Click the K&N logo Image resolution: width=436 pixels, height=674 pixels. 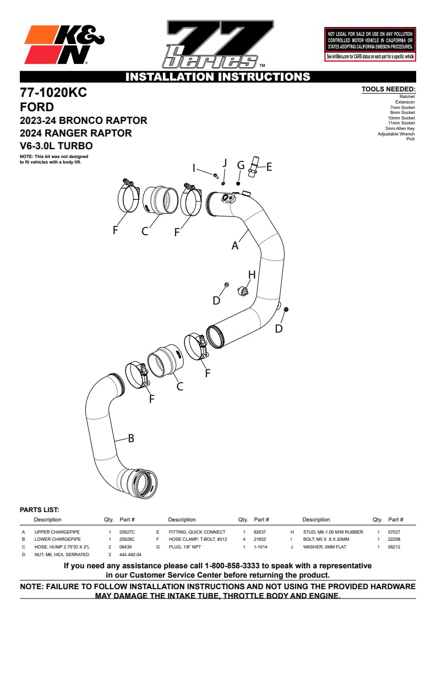click(64, 46)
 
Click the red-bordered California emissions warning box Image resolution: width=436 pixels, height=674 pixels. click(370, 44)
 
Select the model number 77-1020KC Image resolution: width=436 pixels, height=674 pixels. click(53, 93)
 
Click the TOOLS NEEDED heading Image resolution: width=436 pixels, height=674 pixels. click(388, 89)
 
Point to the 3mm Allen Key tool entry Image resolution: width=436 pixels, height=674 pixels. click(400, 128)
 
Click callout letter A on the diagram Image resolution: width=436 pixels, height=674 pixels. click(235, 246)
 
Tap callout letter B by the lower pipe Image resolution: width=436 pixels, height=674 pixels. click(131, 438)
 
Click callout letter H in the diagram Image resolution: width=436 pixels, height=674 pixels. click(252, 274)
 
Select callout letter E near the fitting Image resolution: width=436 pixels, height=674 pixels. click(269, 167)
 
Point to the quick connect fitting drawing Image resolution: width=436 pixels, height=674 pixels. click(253, 167)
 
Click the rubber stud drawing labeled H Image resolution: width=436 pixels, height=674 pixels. click(243, 290)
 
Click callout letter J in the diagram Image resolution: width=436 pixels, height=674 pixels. click(225, 163)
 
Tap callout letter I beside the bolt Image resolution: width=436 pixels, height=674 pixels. click(194, 167)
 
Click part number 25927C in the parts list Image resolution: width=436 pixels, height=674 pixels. click(127, 532)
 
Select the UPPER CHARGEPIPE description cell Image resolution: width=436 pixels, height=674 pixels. click(57, 532)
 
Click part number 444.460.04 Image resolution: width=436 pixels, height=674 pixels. click(130, 555)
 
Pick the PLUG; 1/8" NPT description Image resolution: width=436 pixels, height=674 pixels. click(187, 547)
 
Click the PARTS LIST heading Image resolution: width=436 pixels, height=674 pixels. click(39, 510)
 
